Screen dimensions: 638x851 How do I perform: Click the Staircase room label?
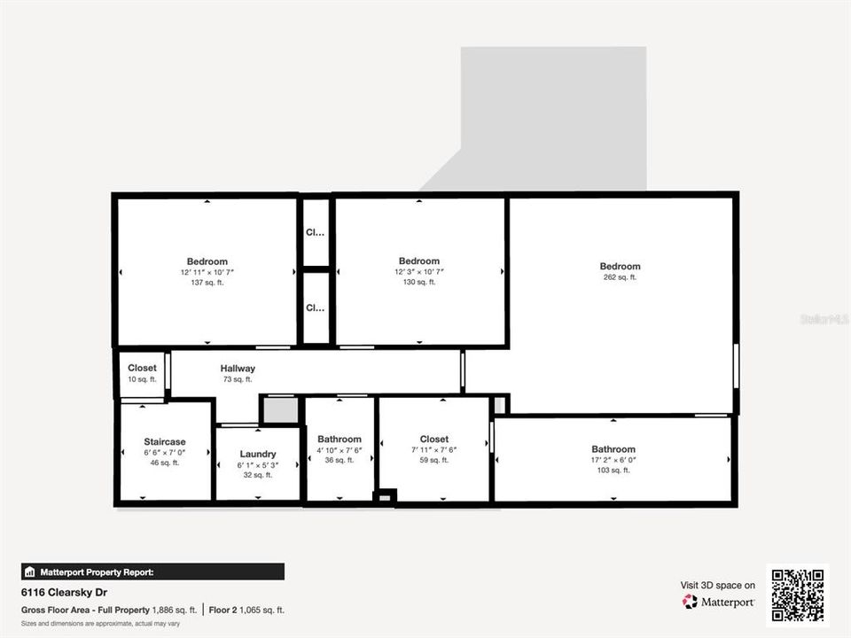pyautogui.click(x=165, y=441)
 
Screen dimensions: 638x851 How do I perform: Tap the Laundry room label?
pyautogui.click(x=257, y=454)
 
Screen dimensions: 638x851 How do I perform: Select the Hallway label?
pyautogui.click(x=238, y=369)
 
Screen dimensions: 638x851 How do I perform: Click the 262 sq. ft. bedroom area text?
pyautogui.click(x=620, y=277)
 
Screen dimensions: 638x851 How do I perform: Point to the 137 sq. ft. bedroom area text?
pyautogui.click(x=207, y=282)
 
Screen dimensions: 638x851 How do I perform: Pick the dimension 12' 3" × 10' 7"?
pyautogui.click(x=419, y=271)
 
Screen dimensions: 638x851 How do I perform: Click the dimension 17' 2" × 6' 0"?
pyautogui.click(x=613, y=460)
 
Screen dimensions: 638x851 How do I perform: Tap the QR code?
pyautogui.click(x=798, y=595)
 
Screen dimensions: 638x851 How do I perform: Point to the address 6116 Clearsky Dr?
pyautogui.click(x=64, y=592)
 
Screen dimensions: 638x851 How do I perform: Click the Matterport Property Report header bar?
pyautogui.click(x=152, y=572)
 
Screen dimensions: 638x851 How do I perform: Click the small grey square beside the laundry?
pyautogui.click(x=278, y=410)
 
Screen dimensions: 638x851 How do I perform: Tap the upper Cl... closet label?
pyautogui.click(x=316, y=233)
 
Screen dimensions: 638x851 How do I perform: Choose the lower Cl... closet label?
pyautogui.click(x=316, y=308)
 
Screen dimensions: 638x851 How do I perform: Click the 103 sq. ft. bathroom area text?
pyautogui.click(x=613, y=471)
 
